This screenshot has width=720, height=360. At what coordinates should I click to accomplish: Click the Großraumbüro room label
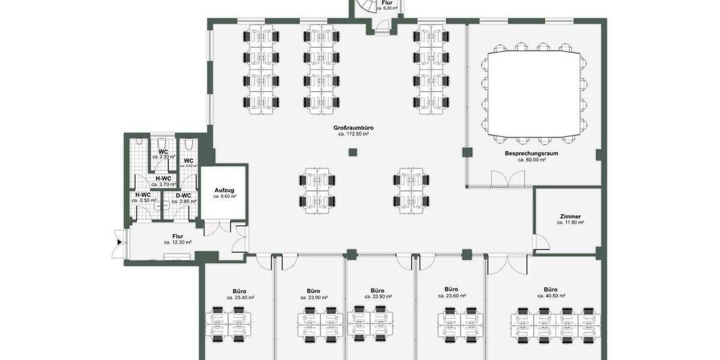[x=353, y=128]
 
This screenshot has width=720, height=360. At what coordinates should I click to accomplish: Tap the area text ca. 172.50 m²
[x=353, y=134]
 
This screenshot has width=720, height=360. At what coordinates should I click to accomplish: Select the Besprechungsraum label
[x=531, y=154]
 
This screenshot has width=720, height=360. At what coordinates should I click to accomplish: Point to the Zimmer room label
[x=570, y=216]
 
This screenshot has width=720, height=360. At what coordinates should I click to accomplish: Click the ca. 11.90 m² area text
[x=570, y=223]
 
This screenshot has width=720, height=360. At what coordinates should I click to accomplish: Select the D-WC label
[x=183, y=195]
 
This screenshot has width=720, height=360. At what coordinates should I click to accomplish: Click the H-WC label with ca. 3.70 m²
[x=164, y=178]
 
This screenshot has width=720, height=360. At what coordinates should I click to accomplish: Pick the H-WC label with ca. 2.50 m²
[x=143, y=195]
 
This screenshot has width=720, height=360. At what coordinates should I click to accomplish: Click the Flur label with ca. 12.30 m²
[x=178, y=236]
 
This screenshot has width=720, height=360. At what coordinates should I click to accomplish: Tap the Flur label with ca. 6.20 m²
[x=387, y=3]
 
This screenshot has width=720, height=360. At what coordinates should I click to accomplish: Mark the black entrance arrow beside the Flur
[x=120, y=242]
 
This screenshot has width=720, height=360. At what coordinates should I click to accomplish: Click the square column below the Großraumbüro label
[x=353, y=152]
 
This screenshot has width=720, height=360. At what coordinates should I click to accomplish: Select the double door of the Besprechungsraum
[x=508, y=178]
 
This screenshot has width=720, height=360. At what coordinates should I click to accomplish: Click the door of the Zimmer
[x=541, y=242]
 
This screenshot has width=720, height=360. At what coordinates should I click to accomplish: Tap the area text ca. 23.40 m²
[x=241, y=298]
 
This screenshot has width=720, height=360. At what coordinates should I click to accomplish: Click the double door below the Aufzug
[x=217, y=227]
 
